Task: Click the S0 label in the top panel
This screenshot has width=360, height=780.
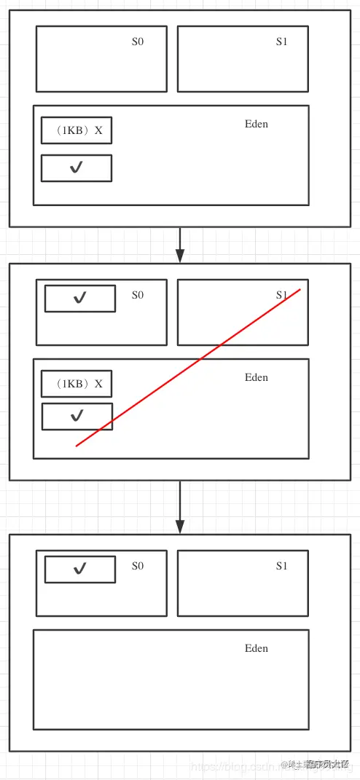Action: [x=138, y=42]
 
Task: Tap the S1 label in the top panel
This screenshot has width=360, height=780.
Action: [x=282, y=42]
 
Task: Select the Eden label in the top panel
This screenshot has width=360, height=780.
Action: [x=257, y=124]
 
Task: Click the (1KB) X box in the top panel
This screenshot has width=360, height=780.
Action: [x=77, y=130]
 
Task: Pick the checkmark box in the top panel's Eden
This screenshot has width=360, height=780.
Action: [x=77, y=168]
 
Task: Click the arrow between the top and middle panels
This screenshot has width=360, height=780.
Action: [x=180, y=245]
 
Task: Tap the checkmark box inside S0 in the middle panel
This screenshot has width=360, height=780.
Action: [x=80, y=298]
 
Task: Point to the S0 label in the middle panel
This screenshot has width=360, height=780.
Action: [x=138, y=295]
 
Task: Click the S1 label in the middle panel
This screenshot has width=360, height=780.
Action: [x=282, y=295]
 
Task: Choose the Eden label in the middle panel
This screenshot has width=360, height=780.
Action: [x=257, y=377]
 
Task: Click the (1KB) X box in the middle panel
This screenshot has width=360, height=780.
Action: [x=77, y=384]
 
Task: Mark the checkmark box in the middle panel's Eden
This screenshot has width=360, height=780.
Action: [x=77, y=416]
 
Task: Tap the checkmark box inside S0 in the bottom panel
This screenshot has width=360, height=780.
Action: [x=80, y=569]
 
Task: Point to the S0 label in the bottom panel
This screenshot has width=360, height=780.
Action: [x=138, y=566]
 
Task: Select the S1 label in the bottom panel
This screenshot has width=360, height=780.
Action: [x=282, y=566]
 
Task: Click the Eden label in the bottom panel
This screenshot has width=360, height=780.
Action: [x=257, y=648]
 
